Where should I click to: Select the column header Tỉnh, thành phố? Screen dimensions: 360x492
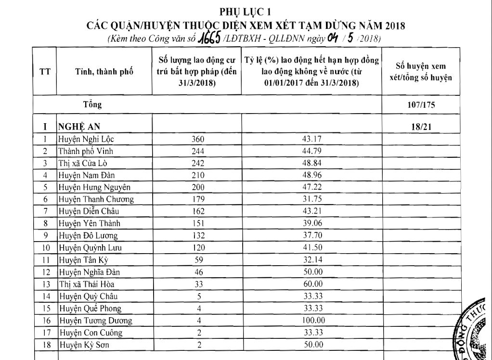104,72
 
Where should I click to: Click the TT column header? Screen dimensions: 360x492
44,72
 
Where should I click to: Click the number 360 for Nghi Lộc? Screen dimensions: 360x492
198,139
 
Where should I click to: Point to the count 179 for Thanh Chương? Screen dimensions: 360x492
198,199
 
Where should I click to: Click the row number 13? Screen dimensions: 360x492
44,284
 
